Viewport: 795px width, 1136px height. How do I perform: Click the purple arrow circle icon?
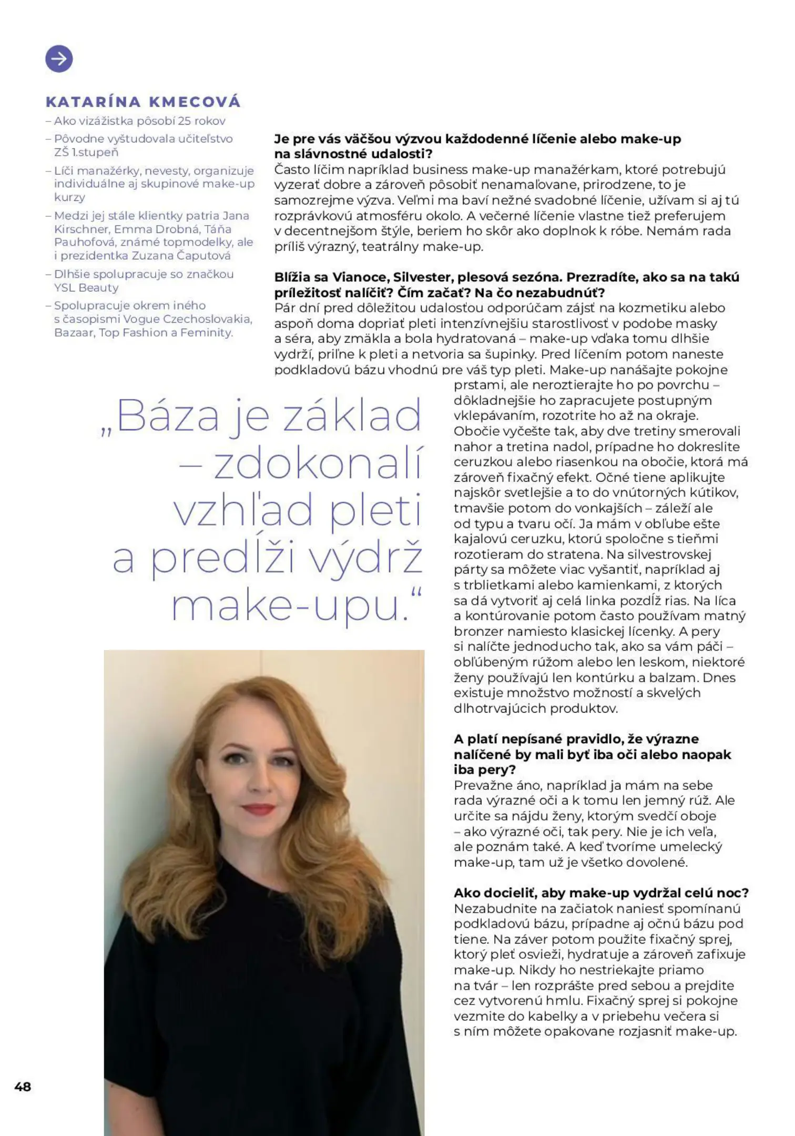[x=59, y=58]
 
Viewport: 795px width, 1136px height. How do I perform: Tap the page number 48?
[x=23, y=1086]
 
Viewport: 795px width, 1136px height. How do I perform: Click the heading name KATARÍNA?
[x=93, y=102]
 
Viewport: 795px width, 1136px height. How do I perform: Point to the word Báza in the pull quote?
[x=167, y=415]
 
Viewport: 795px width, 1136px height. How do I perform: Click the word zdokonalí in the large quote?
[x=318, y=463]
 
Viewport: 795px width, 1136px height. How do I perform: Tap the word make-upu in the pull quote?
[x=290, y=606]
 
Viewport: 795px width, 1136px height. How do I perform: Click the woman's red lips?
[x=259, y=808]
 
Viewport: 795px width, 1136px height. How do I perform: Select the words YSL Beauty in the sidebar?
[x=86, y=288]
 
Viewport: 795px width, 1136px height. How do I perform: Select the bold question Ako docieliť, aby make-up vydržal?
[x=600, y=892]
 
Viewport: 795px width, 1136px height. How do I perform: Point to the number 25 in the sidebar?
[x=184, y=120]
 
